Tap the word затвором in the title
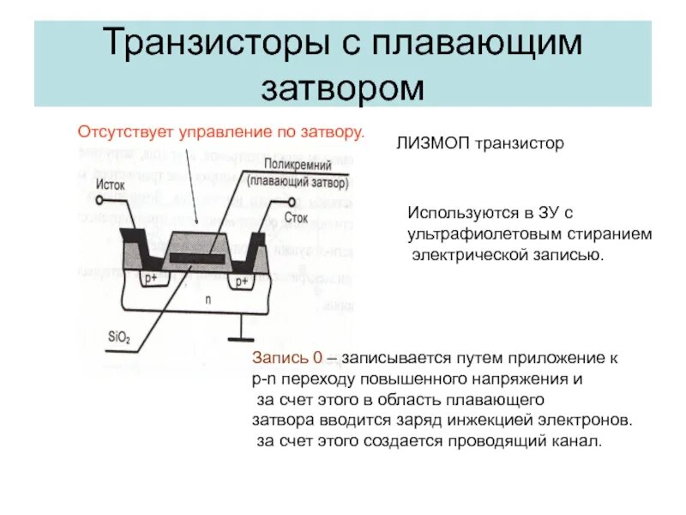click(x=342, y=87)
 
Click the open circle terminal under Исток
click(x=103, y=201)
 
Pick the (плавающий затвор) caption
click(x=298, y=182)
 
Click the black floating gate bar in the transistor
click(x=198, y=258)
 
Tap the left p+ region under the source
click(x=153, y=279)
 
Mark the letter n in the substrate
click(x=207, y=300)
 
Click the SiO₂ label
click(x=119, y=339)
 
